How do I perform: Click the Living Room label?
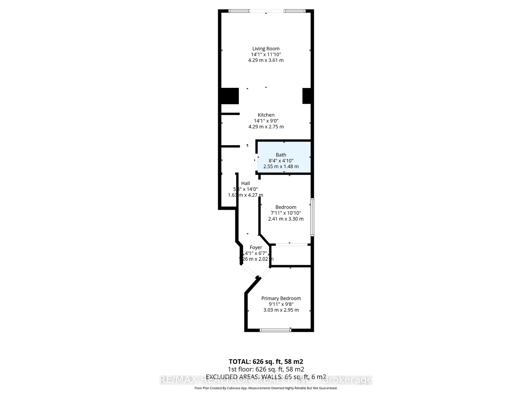(266, 48)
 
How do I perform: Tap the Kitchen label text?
(266, 115)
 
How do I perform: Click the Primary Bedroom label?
(281, 298)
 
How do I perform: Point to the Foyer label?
(256, 247)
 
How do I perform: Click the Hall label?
(245, 183)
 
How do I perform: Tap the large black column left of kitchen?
(230, 96)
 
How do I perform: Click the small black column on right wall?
(306, 96)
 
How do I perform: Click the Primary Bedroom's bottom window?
(275, 330)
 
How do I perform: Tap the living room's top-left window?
(239, 11)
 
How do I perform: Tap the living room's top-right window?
(294, 11)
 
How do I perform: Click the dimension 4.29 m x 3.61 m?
(266, 60)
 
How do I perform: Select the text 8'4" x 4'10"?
(281, 161)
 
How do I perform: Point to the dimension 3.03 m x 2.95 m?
(281, 310)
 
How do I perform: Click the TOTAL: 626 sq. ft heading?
(266, 362)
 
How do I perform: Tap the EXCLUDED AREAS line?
(266, 377)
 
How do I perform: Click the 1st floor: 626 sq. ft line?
(266, 369)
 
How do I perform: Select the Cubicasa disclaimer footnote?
(266, 388)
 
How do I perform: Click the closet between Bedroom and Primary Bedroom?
(290, 255)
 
